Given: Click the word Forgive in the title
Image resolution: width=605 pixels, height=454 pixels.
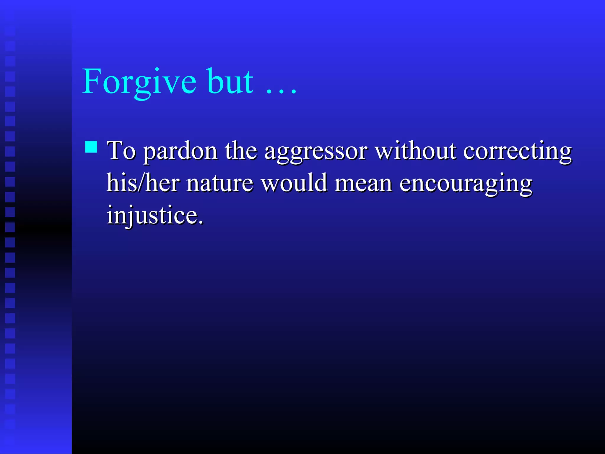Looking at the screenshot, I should point(139,81).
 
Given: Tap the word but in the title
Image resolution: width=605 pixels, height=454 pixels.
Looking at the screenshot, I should point(230,81).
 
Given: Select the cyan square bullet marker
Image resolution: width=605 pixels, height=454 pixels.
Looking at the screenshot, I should point(91,147).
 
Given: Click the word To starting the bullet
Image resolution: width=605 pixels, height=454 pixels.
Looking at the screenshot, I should point(121,150).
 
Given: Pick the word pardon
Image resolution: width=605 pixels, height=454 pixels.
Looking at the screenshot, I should point(180,152).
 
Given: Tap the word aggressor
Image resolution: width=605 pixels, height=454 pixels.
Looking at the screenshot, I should point(316,152).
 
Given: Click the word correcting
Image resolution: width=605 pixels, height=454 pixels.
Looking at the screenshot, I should point(517,152).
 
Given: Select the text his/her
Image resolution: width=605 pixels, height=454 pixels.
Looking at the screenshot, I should point(143,183).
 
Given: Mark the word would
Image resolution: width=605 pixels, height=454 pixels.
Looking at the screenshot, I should point(294,183).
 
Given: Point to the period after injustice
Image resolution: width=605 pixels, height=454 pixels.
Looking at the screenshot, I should point(201,222).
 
